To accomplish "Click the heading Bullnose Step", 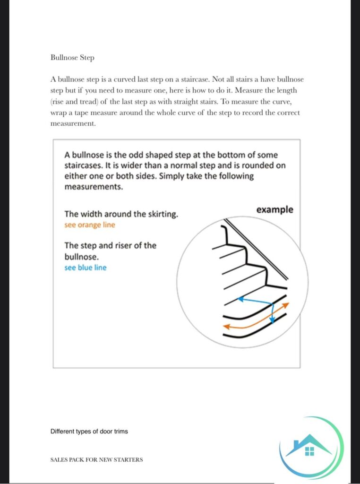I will pos(72,57).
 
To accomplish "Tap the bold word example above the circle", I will pos(274,209).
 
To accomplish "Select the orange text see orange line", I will pos(90,225).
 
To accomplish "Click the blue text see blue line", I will pos(86,268).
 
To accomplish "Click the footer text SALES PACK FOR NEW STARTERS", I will pos(96,459).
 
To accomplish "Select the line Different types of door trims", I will pos(89,432).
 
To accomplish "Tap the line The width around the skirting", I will pos(121,214).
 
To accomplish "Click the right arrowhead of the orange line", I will pos(286,304).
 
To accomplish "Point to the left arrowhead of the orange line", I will pos(226,326).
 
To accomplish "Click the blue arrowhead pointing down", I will pos(272,320).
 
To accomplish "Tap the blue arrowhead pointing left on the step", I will pos(240,299).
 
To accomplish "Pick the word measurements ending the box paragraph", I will pos(94,186).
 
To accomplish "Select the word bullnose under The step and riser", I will pos(81,256).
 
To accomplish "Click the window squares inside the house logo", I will pos(309,451).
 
